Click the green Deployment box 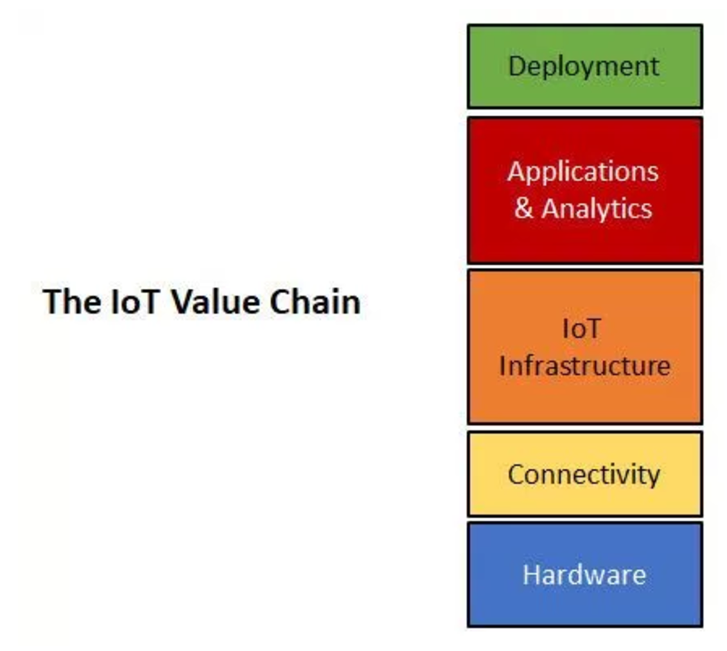(584, 67)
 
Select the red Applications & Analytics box (584, 191)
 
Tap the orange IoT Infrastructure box (584, 347)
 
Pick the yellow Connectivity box (584, 474)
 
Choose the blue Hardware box (584, 575)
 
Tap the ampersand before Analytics (523, 208)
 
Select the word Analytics (597, 209)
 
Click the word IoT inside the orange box (581, 329)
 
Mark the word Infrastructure (584, 365)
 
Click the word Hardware (584, 575)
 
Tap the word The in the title (71, 302)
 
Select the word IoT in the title (136, 302)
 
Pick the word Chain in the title (315, 302)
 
